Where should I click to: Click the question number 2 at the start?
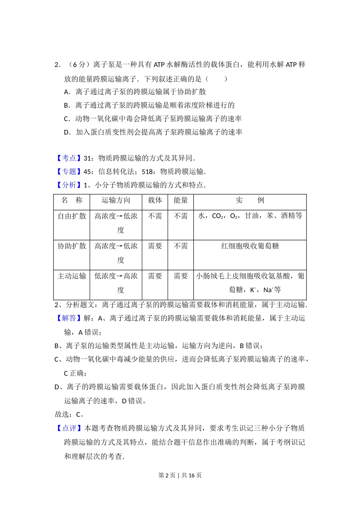pos(57,65)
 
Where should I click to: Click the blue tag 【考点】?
pos(69,158)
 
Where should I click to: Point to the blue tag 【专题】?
pos(69,172)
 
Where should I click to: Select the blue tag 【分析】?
pos(69,185)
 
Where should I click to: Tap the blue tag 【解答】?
pos(69,318)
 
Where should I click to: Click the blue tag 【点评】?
pos(69,428)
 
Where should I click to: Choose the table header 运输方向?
pos(116,200)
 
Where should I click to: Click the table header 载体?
pos(155,200)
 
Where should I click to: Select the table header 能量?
pos(181,200)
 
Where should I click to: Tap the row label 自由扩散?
pos(72,216)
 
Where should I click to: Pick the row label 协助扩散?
pos(72,246)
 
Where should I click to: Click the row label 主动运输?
pos(72,276)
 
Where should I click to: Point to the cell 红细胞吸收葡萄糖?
pos(250,246)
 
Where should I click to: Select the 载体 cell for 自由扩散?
pos(155,216)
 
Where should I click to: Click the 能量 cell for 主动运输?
pos(181,276)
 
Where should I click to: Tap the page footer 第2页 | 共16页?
pos(180,475)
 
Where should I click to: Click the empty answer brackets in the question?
pos(216,79)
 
